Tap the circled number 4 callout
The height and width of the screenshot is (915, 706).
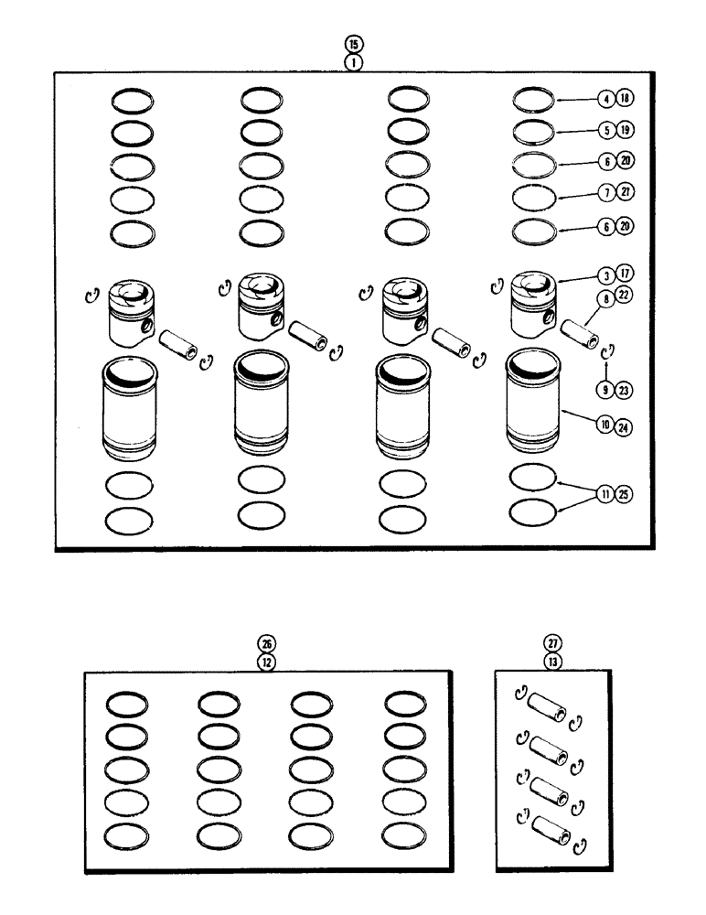581,98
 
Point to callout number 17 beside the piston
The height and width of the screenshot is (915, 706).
600,274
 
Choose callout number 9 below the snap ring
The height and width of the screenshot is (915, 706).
581,390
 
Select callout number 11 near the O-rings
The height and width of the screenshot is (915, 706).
581,494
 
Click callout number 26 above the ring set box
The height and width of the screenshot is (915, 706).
266,644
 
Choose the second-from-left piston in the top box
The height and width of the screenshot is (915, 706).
260,307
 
